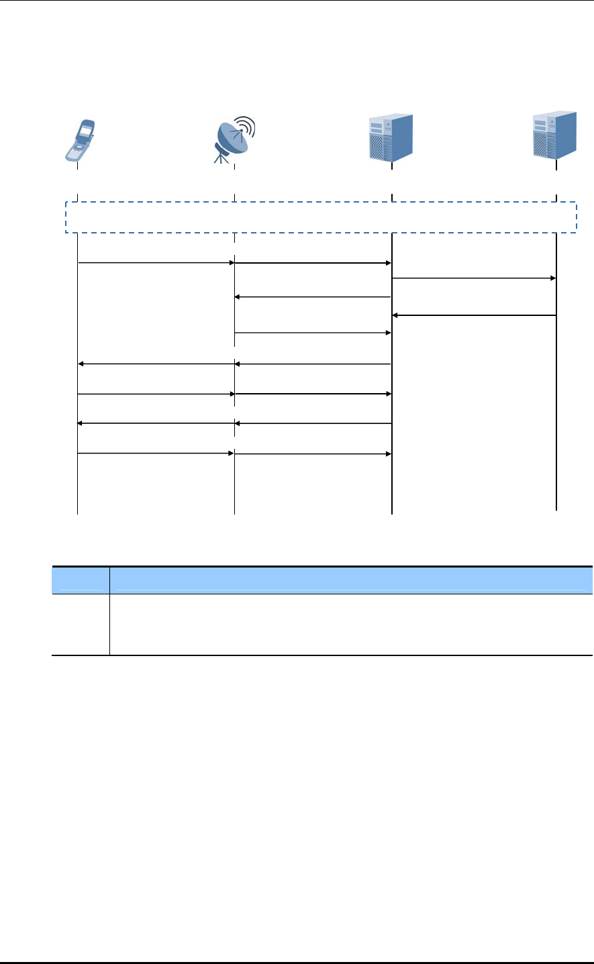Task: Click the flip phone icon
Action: (80, 140)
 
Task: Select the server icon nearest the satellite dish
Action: (391, 137)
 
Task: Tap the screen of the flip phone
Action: (86, 129)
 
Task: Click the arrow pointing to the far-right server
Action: (473, 278)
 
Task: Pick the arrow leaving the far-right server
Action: (473, 315)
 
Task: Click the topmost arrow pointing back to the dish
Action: (313, 297)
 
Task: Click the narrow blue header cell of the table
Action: (81, 580)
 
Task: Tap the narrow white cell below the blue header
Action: (81, 624)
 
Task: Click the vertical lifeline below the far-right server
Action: (556, 403)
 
